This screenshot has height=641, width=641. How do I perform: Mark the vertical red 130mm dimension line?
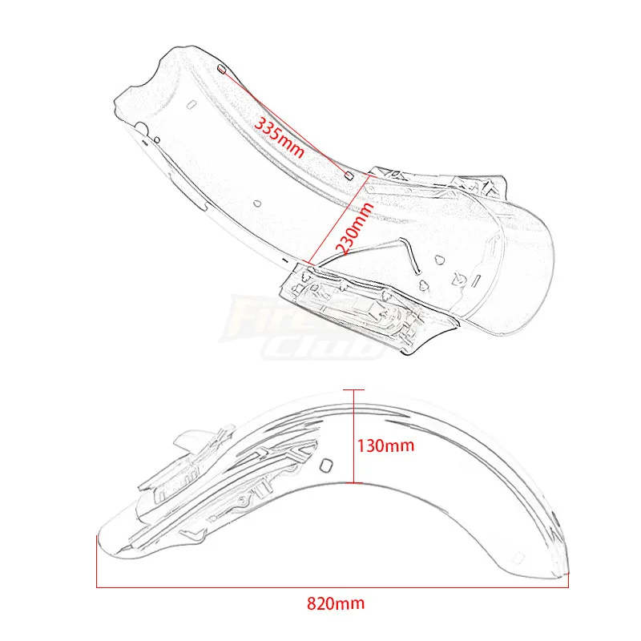(x=351, y=437)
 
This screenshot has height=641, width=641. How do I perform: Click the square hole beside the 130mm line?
(x=326, y=466)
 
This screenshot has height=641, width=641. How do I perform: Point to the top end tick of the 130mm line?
(x=351, y=389)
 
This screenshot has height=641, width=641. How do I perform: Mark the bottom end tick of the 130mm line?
(x=351, y=485)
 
